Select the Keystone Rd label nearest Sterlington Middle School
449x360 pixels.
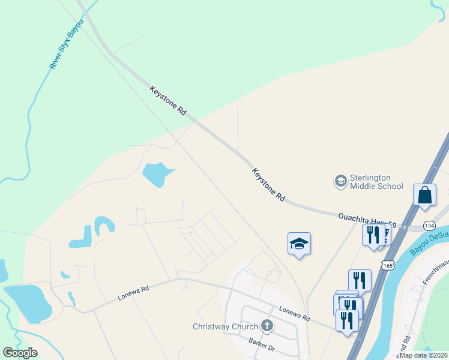point(268,184)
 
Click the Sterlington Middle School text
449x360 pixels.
point(376,182)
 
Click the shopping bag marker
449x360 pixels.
point(424,196)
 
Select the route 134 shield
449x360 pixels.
point(429,225)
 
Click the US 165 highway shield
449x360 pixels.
point(388,264)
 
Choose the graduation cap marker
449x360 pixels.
point(299,244)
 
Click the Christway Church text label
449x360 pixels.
point(225,327)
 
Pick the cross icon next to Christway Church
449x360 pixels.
point(267,326)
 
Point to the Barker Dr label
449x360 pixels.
point(261,344)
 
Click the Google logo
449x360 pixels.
point(20,353)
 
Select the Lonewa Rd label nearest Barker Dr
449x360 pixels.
point(294,313)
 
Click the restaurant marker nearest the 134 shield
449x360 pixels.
point(373,234)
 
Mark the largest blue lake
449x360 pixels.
point(28,303)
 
